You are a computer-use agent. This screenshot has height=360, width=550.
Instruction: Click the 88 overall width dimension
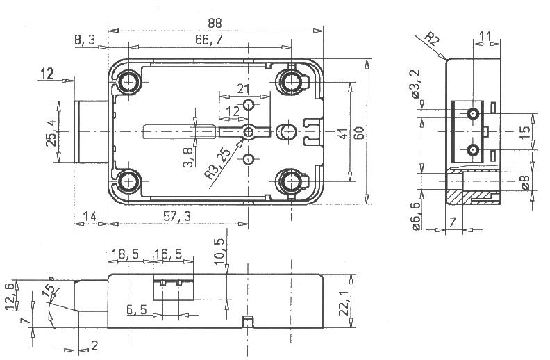[x=215, y=23]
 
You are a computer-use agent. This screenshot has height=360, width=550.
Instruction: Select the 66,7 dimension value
[x=209, y=40]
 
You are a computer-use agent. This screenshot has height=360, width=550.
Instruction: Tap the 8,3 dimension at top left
[x=85, y=40]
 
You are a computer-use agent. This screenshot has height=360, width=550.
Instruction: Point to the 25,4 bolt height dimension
[x=51, y=134]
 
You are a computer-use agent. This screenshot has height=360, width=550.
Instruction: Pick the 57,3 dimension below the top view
[x=177, y=217]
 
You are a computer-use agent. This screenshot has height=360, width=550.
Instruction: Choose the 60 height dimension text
[x=360, y=133]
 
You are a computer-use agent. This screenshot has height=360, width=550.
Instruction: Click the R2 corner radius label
[x=431, y=39]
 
